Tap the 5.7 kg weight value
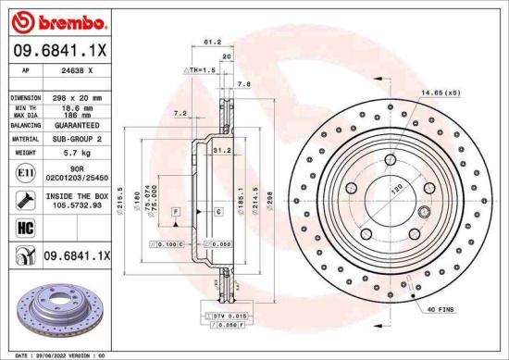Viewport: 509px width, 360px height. (76, 152)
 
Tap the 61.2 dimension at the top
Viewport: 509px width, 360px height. (211, 42)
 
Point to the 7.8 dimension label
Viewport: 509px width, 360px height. (243, 84)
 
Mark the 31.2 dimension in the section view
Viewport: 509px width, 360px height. (221, 149)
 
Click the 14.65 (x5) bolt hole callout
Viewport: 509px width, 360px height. (441, 93)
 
